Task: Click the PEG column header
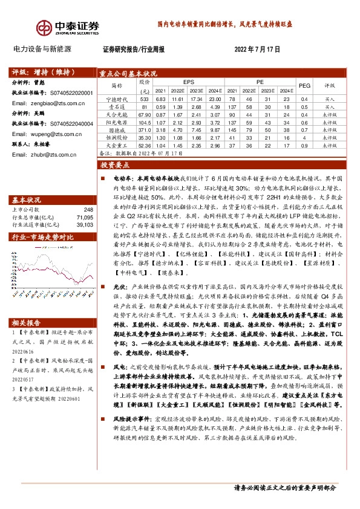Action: pos(304,85)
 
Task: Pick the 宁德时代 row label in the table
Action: pos(117,99)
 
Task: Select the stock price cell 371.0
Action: pos(144,129)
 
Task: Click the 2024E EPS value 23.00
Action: pos(215,99)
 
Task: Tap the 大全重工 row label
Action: pos(117,145)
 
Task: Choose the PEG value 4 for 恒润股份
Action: pos(304,137)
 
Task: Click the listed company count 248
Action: pos(89,210)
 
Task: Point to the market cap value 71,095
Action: pos(85,216)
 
